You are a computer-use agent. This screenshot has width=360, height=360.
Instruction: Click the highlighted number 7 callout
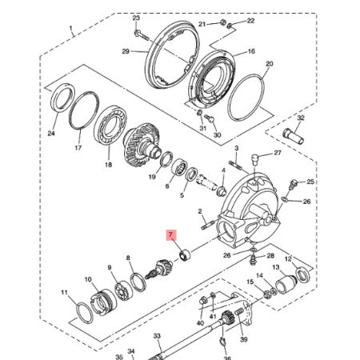169,235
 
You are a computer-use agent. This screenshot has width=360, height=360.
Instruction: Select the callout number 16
250,51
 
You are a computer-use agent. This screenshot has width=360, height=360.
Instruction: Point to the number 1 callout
72,31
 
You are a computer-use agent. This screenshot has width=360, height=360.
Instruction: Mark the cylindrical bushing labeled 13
286,283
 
